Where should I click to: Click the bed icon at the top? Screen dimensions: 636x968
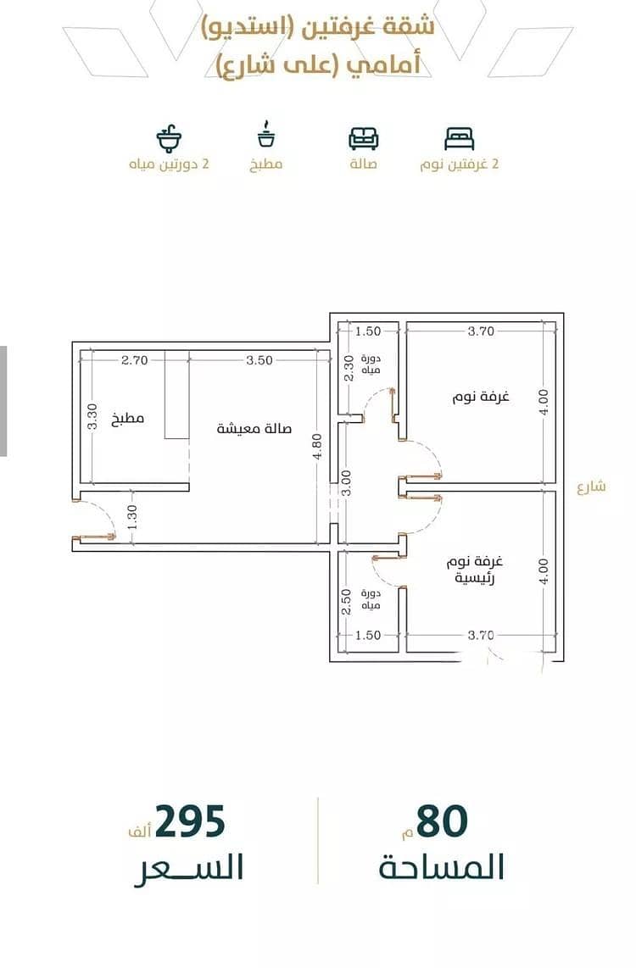(x=460, y=138)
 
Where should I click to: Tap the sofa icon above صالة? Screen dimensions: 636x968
(x=363, y=138)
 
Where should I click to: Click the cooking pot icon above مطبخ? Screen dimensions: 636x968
(x=266, y=135)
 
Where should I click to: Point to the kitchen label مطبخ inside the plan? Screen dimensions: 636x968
(x=128, y=420)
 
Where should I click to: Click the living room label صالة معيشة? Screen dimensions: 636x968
(x=254, y=428)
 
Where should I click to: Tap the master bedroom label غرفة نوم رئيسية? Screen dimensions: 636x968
(x=475, y=570)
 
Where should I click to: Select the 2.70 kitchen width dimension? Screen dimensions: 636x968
(x=134, y=360)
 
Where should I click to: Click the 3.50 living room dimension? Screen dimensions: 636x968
(x=259, y=360)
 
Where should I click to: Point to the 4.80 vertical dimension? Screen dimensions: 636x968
(x=317, y=447)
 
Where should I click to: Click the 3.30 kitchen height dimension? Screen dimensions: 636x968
(x=92, y=416)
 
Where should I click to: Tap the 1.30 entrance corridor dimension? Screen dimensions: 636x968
(x=132, y=517)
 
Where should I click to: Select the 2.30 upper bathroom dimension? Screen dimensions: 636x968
(x=349, y=368)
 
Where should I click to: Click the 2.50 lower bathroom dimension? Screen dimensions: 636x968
(x=346, y=602)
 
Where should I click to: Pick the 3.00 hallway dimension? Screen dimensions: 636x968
(x=346, y=483)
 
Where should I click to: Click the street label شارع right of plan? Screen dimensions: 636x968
(x=591, y=487)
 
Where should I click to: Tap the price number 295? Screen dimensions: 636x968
(x=190, y=821)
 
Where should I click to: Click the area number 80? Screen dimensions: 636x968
(x=442, y=821)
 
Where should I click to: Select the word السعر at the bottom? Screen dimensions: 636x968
(x=189, y=867)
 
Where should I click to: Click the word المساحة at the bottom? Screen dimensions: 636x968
(x=442, y=867)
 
